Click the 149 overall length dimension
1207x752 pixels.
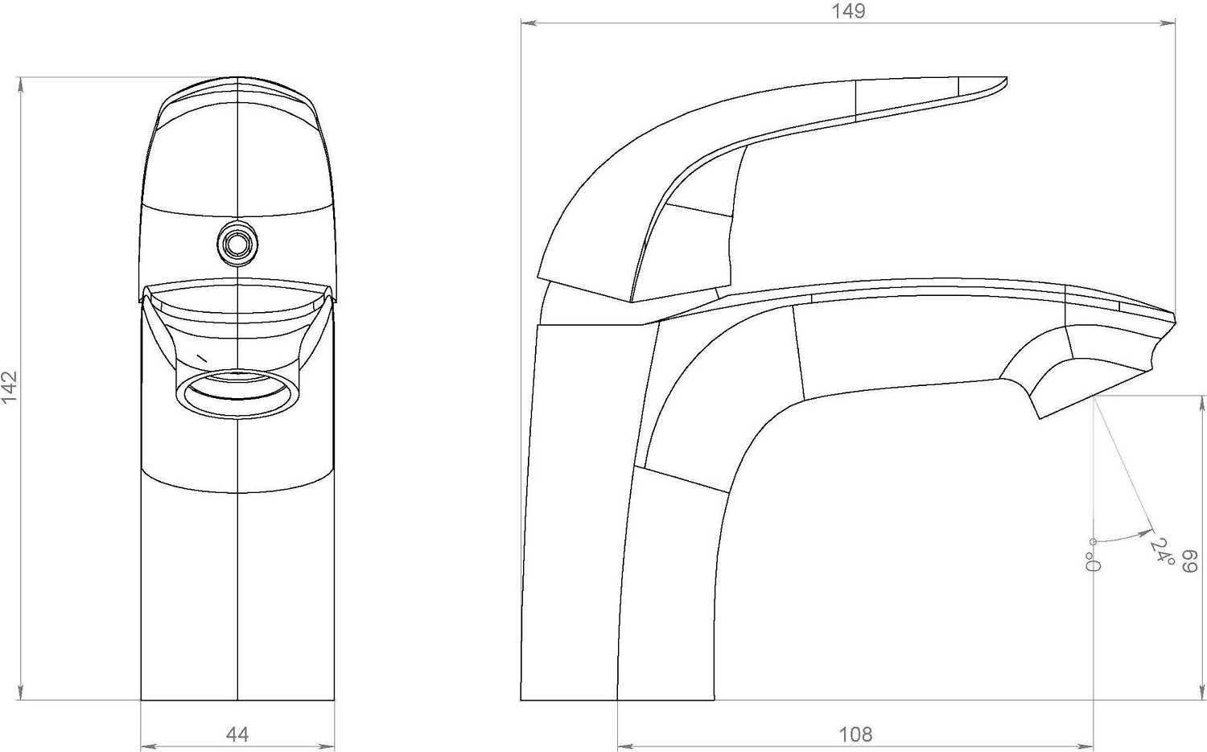(x=848, y=11)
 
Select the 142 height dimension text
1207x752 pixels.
(x=10, y=388)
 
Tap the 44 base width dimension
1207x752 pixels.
(x=237, y=734)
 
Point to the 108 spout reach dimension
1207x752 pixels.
(x=855, y=734)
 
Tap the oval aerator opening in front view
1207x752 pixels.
(x=237, y=394)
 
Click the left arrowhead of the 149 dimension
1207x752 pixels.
(x=528, y=23)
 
